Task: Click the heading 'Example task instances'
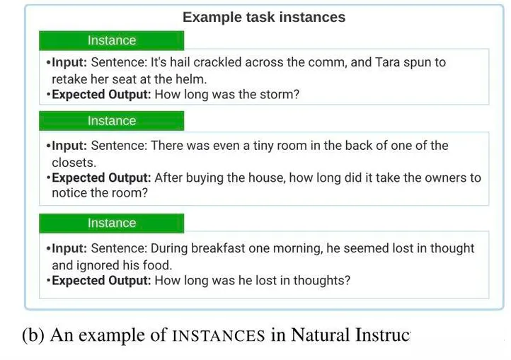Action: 264,17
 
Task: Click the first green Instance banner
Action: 111,40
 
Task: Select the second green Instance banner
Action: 111,121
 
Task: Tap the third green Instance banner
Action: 111,223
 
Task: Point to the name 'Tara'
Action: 387,62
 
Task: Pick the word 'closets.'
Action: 74,163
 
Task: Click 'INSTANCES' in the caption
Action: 219,336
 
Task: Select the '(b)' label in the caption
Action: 33,335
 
